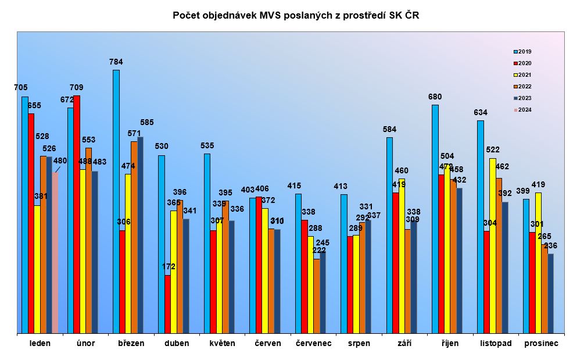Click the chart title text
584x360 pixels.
(x=296, y=16)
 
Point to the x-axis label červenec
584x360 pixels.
(x=313, y=343)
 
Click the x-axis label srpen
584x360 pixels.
(x=359, y=343)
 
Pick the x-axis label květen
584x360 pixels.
(x=223, y=343)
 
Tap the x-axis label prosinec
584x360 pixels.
(x=541, y=343)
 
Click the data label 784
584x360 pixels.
(x=116, y=62)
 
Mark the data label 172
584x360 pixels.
(x=168, y=266)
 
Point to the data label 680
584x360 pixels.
(x=435, y=96)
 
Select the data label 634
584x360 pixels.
(x=480, y=112)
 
